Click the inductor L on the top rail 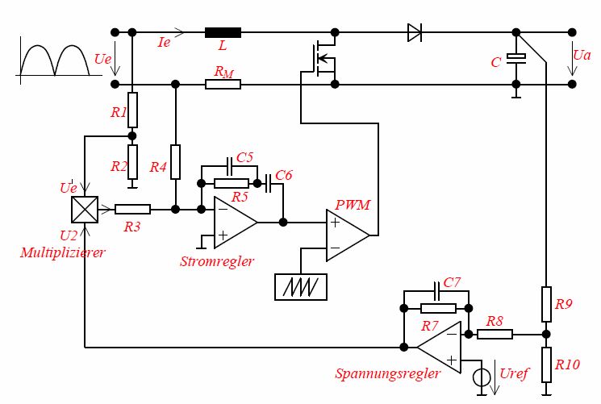click(223, 32)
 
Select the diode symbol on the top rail click(415, 32)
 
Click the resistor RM click(223, 84)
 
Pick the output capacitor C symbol click(517, 57)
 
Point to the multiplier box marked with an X click(85, 209)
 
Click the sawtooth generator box click(301, 286)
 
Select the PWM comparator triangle click(346, 235)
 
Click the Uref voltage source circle click(482, 376)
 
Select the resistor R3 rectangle click(132, 209)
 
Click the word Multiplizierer click(63, 253)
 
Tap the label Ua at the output click(582, 55)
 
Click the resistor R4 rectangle click(176, 160)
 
